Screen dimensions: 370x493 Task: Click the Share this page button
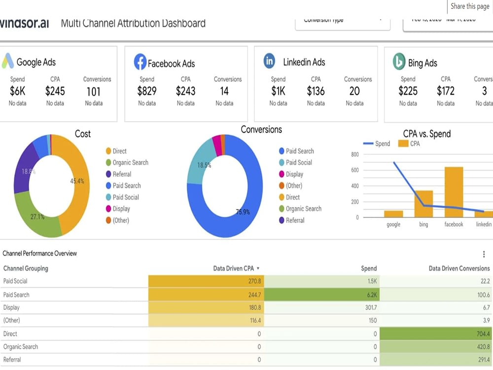(x=470, y=6)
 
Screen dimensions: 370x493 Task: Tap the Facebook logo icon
(x=140, y=62)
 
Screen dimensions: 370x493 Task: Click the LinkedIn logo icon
(x=269, y=61)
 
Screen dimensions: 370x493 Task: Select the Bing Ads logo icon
(x=398, y=62)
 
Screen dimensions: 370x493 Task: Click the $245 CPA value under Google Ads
(x=55, y=91)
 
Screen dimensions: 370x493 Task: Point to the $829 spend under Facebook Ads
(x=147, y=91)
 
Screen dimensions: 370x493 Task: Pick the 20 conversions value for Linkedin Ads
(x=354, y=91)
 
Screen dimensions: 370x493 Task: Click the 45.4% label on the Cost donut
(x=77, y=181)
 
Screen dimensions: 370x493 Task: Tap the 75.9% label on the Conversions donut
(x=242, y=213)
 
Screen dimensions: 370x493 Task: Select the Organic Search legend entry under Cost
(x=130, y=163)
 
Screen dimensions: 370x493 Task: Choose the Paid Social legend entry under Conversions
(x=299, y=163)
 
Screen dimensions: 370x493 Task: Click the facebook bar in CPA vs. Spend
(x=454, y=192)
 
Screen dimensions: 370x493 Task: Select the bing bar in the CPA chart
(x=423, y=204)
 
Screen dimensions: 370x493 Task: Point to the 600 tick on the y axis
(x=354, y=170)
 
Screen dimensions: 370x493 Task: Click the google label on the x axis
(x=393, y=224)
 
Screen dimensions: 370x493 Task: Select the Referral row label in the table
(x=12, y=360)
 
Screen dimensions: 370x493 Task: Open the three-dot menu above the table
(x=484, y=254)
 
